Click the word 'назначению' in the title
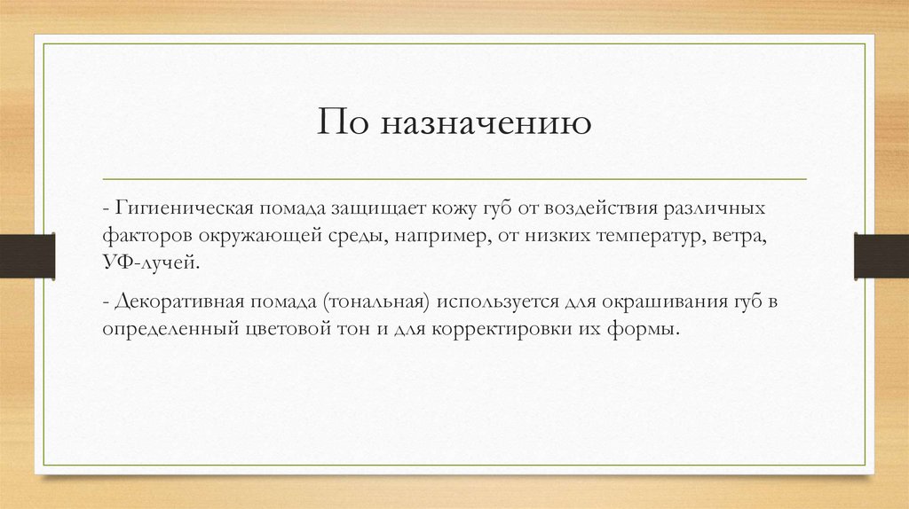[x=487, y=123]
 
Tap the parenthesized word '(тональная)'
[x=377, y=302]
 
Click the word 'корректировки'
[x=511, y=329]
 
